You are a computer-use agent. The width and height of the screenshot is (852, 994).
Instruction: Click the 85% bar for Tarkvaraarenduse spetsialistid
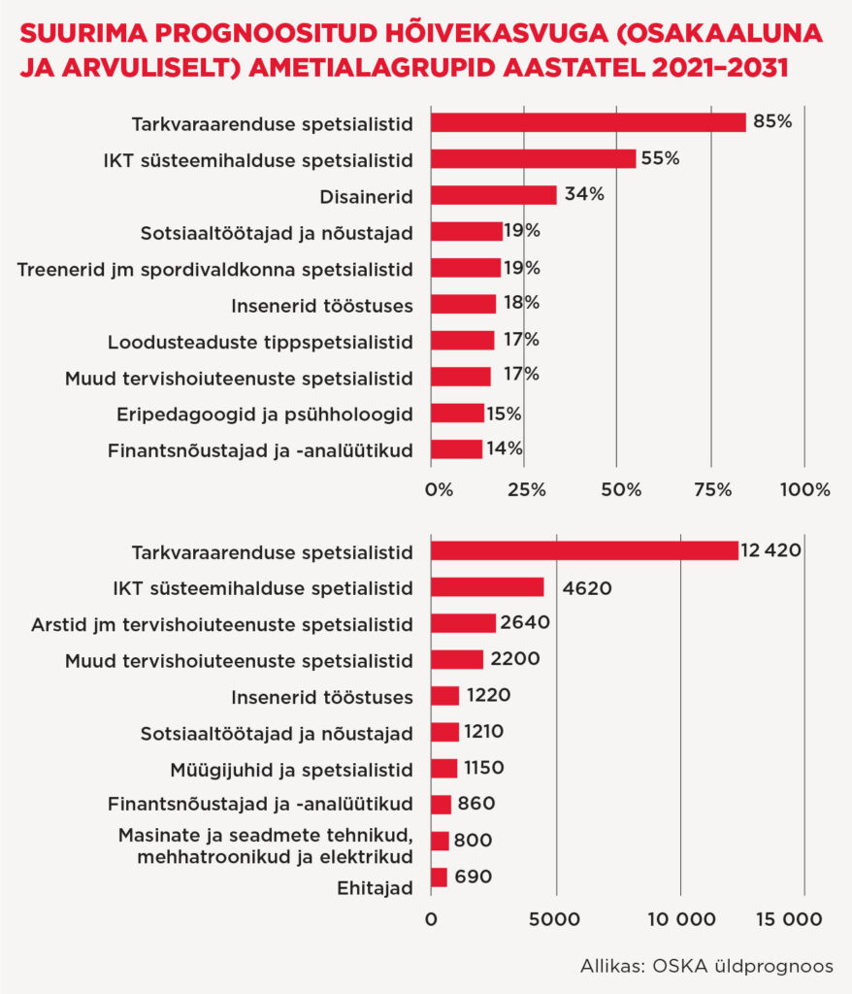tap(587, 122)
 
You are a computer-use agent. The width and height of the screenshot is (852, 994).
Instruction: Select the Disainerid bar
tap(493, 195)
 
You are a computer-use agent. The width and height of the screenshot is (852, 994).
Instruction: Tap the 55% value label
tap(660, 158)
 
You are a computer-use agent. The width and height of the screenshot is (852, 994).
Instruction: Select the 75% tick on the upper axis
tap(713, 490)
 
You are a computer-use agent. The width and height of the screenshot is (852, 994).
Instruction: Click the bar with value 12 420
tap(583, 551)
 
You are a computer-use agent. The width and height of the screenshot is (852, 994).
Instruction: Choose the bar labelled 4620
tap(486, 587)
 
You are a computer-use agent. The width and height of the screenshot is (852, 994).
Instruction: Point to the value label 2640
tap(526, 623)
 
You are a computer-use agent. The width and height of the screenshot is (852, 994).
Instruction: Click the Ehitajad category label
tap(375, 887)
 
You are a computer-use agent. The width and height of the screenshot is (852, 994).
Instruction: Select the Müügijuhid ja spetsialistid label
tap(292, 769)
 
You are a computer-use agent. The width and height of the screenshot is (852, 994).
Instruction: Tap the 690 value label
tap(473, 877)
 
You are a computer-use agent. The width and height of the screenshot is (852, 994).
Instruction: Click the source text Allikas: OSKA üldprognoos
tap(706, 967)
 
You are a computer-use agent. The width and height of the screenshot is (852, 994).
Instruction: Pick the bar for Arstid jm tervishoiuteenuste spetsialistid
tap(462, 623)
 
